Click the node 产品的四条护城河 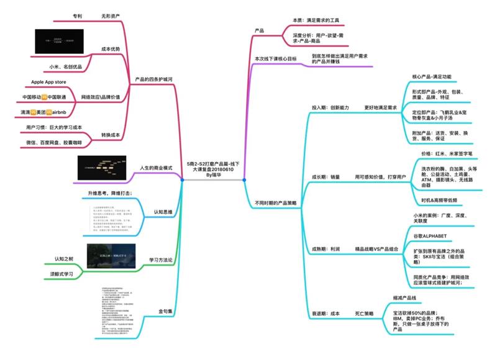(x=153, y=79)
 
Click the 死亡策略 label (x=363, y=314)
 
